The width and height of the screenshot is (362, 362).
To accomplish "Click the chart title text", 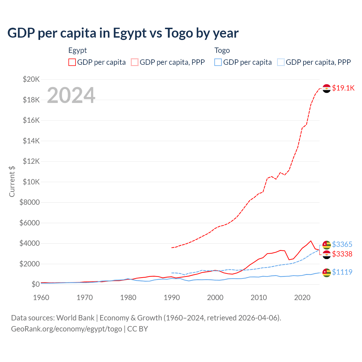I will (x=123, y=33).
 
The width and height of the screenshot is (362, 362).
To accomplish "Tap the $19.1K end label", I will (x=343, y=88).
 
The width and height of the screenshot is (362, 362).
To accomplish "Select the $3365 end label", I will (x=342, y=244).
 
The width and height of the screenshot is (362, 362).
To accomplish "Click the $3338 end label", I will (x=342, y=254).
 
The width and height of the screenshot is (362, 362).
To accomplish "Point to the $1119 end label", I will (x=342, y=272).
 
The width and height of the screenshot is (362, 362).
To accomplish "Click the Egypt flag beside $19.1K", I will (x=327, y=89).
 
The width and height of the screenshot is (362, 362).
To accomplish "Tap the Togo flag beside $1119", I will (x=327, y=273).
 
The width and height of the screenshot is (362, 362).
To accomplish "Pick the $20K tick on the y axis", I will (x=31, y=79).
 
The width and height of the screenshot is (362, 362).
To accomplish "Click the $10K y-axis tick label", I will (x=31, y=182).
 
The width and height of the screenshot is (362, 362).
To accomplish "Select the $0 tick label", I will (x=36, y=284).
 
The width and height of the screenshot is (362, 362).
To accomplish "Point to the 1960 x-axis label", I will (x=41, y=298).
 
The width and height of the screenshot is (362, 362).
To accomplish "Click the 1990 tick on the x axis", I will (x=172, y=298).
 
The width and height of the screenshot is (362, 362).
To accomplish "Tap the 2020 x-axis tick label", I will (x=302, y=298).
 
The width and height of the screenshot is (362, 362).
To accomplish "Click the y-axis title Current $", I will (x=12, y=182).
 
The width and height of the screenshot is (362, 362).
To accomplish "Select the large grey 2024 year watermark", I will (x=71, y=95).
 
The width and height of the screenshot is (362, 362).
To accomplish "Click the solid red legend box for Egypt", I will (x=72, y=62).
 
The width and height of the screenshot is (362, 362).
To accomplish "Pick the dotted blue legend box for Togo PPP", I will (x=281, y=62).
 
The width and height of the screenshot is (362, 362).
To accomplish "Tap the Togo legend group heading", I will (x=222, y=50).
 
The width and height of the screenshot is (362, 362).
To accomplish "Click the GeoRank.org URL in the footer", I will (x=66, y=329).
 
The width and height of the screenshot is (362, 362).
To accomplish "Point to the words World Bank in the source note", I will (x=75, y=318).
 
